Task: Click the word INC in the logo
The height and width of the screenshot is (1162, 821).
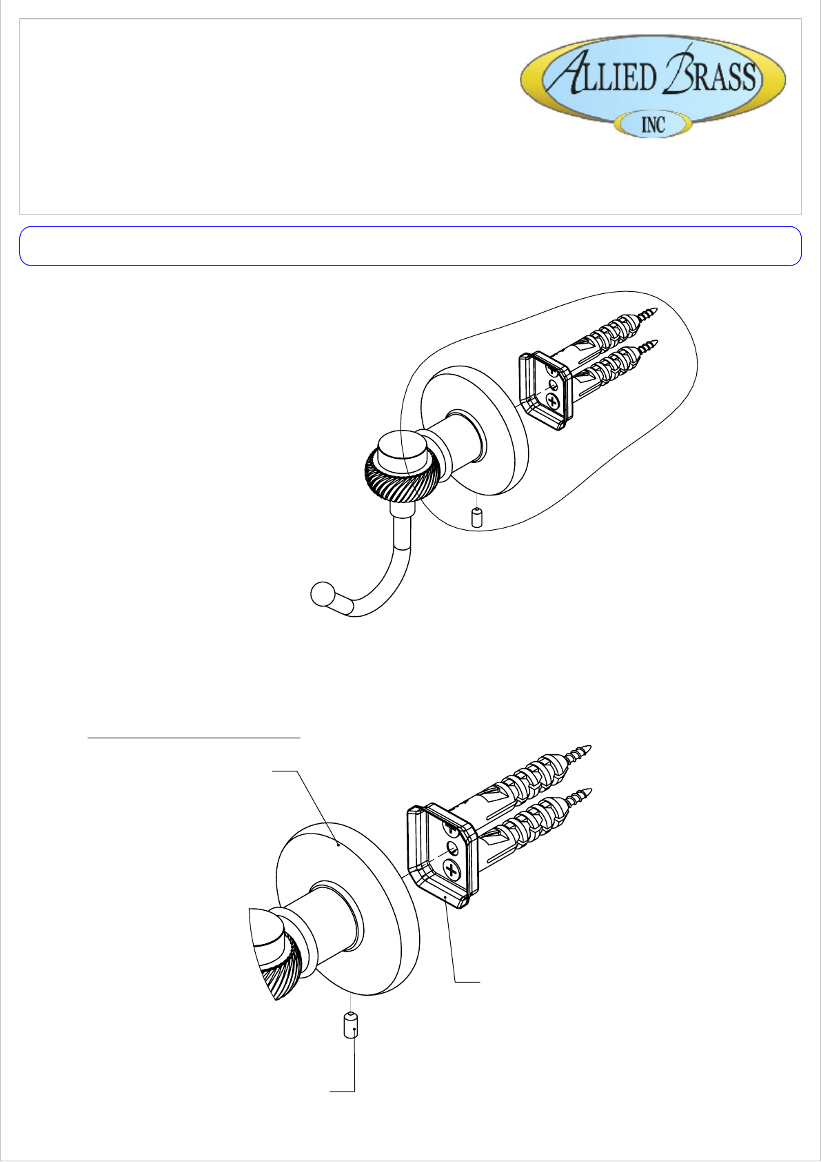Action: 653,126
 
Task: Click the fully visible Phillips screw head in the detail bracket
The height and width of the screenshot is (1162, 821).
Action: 452,869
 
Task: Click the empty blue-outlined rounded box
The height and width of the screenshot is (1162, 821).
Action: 411,246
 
